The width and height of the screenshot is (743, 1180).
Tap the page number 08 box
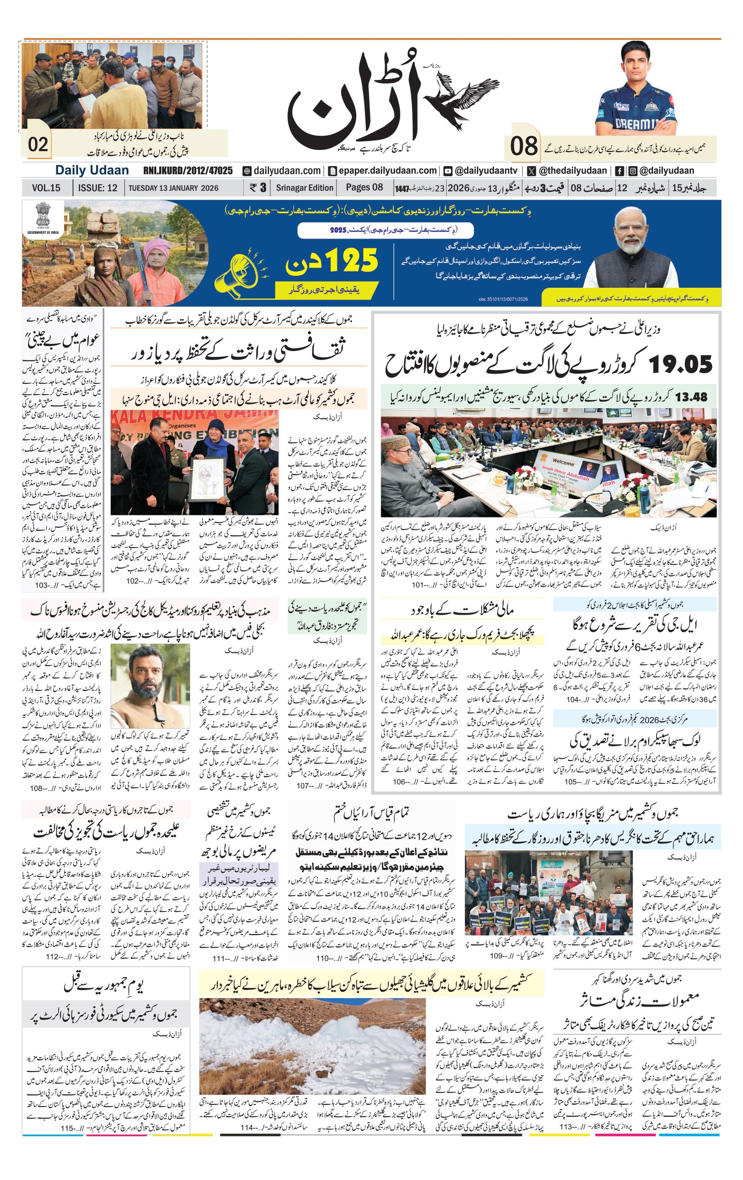pyautogui.click(x=524, y=146)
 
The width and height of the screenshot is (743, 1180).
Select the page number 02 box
pyautogui.click(x=38, y=144)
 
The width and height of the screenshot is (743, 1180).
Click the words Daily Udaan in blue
pyautogui.click(x=91, y=170)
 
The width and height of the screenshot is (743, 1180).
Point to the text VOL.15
pyautogui.click(x=46, y=188)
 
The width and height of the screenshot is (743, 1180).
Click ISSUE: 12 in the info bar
pyautogui.click(x=98, y=188)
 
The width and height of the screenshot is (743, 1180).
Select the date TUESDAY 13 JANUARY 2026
pyautogui.click(x=173, y=188)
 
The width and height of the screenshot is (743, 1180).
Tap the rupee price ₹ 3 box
pyautogui.click(x=257, y=188)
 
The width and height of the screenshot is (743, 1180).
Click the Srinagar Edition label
pyautogui.click(x=304, y=188)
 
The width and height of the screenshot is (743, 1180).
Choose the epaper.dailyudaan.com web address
pyautogui.click(x=382, y=170)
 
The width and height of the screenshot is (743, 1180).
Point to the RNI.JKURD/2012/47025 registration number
pyautogui.click(x=188, y=170)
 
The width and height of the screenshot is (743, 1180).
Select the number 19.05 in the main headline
pyautogui.click(x=680, y=364)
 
